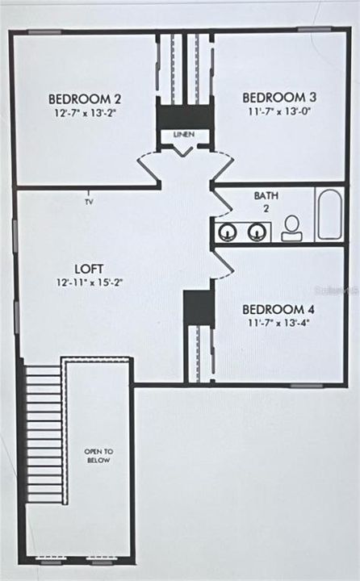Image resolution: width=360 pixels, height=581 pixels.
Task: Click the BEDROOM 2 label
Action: [85, 99]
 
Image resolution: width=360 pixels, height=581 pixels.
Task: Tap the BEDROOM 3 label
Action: [279, 98]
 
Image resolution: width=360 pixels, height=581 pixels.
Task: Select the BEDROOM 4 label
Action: [278, 309]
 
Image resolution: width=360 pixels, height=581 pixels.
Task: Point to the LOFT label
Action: [89, 269]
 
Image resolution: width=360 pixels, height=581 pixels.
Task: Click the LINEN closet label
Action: [184, 134]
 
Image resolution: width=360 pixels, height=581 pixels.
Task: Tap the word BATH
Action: [266, 195]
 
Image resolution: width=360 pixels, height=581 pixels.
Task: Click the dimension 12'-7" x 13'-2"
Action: [86, 113]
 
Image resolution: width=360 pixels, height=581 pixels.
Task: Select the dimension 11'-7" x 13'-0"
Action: [279, 111]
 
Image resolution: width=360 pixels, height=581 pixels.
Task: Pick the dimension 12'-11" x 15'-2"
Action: [90, 282]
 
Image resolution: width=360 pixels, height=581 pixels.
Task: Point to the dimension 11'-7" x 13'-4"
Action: [278, 323]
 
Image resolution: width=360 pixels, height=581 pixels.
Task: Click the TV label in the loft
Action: [89, 202]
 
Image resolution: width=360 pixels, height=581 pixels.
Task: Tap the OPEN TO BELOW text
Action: [98, 456]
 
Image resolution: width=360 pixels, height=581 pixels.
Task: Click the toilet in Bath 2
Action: [291, 228]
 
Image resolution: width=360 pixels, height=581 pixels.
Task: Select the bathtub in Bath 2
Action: [329, 215]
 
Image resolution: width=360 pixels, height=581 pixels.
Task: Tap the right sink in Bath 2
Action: [257, 232]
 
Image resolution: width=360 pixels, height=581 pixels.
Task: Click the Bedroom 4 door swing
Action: [223, 263]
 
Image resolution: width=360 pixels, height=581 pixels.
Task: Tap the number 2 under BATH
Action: [266, 208]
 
